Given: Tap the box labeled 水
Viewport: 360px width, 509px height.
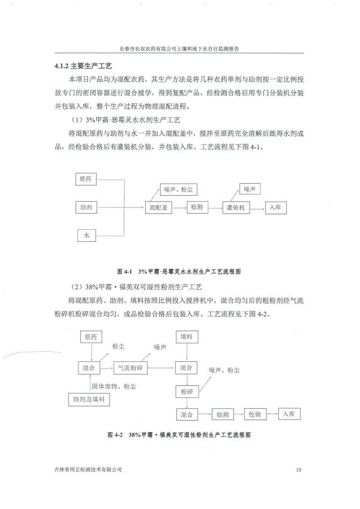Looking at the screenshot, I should tap(86, 236).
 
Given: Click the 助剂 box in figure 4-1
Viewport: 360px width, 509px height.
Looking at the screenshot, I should tap(86, 207).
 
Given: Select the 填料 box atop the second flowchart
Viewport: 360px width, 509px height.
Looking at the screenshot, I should tap(188, 337).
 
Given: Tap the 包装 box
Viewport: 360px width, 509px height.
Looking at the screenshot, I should tap(253, 415).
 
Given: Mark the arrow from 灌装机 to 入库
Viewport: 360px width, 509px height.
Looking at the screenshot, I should tap(257, 207).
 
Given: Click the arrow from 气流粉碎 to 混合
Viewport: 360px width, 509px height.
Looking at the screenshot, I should tap(163, 367).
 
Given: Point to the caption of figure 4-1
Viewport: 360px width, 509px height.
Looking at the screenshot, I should tap(181, 271).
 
